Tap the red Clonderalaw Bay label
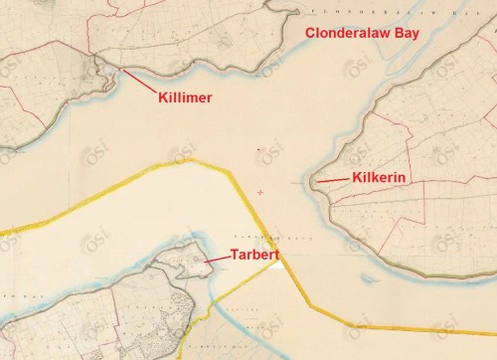pos(362,34)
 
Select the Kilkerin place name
pos(382,178)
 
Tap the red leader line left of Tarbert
pos(216,257)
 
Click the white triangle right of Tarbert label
pos(284,262)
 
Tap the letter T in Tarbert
pos(235,255)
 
